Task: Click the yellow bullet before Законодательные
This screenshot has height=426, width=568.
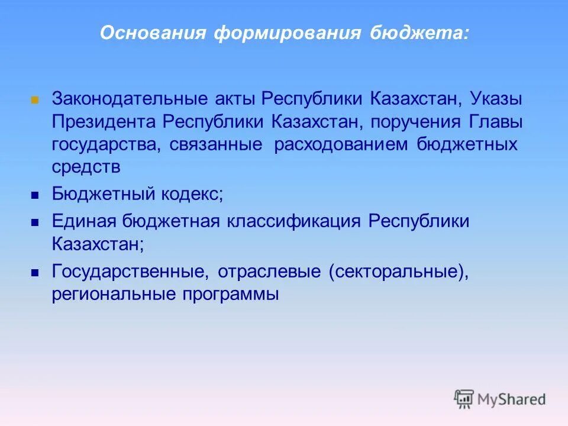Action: click(35, 99)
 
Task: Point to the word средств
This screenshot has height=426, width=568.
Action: click(86, 168)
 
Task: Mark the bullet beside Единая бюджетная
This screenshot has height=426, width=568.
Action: click(35, 223)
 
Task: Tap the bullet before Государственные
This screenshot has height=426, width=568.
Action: click(35, 273)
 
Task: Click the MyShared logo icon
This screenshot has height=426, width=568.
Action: click(464, 398)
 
